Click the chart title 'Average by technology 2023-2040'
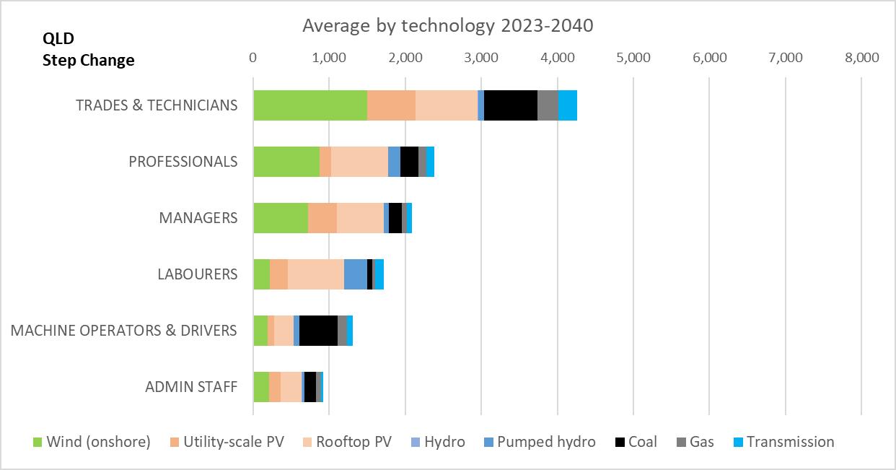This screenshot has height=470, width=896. [447, 26]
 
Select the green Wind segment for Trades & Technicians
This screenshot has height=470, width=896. [309, 105]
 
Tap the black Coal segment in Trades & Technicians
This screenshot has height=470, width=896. [510, 105]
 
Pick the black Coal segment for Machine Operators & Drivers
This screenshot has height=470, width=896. [318, 331]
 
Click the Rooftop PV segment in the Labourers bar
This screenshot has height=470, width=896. [315, 274]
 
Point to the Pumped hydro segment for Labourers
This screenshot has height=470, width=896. [355, 274]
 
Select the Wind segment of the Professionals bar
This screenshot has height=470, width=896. [286, 162]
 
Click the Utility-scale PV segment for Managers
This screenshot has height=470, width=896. [322, 218]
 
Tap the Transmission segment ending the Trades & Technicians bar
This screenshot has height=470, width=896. [568, 105]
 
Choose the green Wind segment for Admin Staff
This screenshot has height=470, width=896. [260, 387]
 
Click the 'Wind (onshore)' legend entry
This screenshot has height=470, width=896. [92, 442]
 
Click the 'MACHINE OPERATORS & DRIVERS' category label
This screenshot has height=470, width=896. [123, 331]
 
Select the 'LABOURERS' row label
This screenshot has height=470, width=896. [198, 274]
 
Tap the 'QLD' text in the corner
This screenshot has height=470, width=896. [58, 38]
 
